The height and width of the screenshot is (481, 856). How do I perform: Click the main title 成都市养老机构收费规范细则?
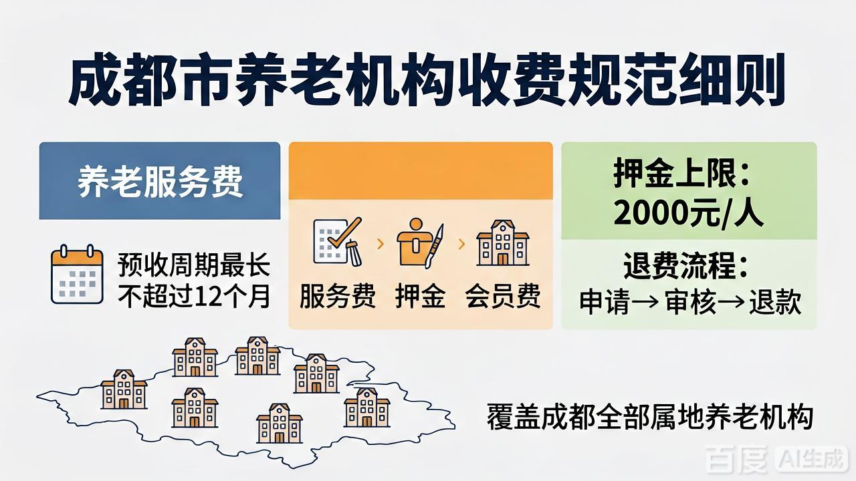(x=427, y=81)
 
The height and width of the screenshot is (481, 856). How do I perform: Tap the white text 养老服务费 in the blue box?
(x=160, y=181)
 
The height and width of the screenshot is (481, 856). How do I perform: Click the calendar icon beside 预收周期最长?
(x=77, y=274)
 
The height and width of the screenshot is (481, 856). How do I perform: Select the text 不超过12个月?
(x=194, y=296)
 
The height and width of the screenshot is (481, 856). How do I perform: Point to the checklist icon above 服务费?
(x=338, y=241)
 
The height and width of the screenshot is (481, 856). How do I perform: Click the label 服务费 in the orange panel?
(x=338, y=295)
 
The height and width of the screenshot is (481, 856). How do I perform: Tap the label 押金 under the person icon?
(x=420, y=295)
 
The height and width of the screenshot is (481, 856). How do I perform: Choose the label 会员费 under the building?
(x=503, y=295)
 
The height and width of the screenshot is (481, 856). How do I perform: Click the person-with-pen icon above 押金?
(x=420, y=243)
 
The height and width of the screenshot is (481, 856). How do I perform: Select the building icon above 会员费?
(x=502, y=243)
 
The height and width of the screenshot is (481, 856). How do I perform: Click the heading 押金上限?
(x=681, y=173)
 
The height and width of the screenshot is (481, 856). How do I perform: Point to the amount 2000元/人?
(x=689, y=213)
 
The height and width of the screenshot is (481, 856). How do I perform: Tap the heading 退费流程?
(x=685, y=266)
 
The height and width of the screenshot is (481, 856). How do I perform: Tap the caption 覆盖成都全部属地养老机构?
(x=650, y=418)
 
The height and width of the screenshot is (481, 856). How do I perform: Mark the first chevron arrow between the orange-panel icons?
(x=381, y=244)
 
